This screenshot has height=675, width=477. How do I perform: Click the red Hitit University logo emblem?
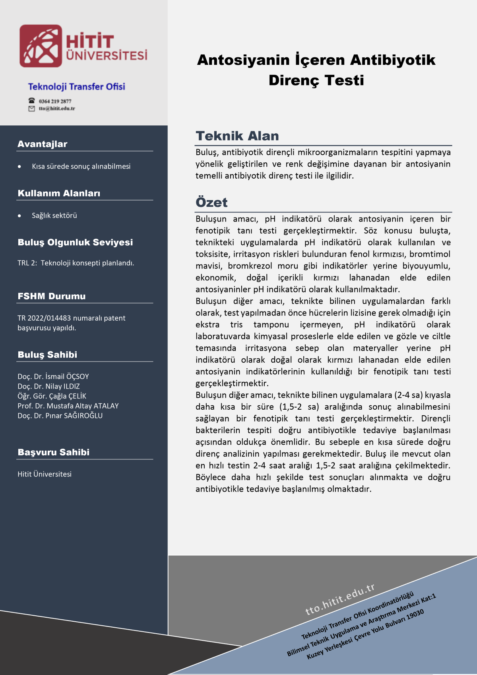coord(41,46)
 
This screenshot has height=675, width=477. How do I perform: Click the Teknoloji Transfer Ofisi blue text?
coord(76,87)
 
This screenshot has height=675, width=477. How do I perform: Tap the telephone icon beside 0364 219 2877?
coord(31,101)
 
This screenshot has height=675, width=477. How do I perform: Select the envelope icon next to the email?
coord(31,109)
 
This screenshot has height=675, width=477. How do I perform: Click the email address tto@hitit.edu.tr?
coord(57,109)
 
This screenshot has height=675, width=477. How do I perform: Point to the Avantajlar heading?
coord(42,144)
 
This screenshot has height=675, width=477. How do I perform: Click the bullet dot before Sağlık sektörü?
coord(19,216)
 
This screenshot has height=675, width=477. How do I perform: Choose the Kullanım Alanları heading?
coord(59,193)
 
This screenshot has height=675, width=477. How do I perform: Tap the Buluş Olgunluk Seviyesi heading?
coord(75,242)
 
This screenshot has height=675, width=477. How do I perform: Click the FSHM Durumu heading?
coord(51,296)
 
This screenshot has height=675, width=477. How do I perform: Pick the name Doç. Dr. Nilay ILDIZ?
coord(48,386)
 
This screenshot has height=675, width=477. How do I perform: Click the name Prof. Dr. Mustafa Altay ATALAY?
coord(68,406)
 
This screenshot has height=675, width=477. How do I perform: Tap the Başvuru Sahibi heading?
coord(53,452)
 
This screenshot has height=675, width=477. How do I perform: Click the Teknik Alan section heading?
coord(237,136)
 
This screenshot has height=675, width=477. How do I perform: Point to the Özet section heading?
coord(211,202)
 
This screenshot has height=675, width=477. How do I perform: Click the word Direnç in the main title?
coord(294,80)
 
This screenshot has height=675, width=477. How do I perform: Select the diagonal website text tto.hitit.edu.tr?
coord(340,599)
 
